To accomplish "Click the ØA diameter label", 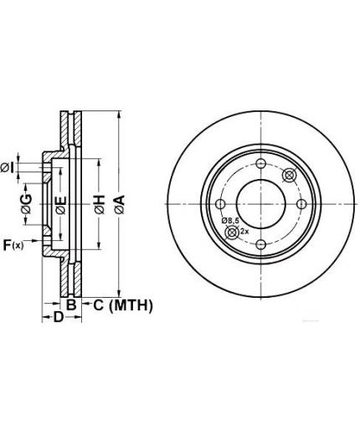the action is (120, 204).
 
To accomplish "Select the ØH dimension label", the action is (100, 204).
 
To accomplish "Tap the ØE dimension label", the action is (61, 206).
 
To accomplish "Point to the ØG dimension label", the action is (27, 204).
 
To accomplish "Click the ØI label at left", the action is (8, 168).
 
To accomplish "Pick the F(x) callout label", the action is (13, 245).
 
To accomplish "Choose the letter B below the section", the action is (71, 304).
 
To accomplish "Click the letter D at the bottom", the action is (59, 317).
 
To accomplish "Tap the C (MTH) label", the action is (123, 305).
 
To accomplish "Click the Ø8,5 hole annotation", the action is (230, 221).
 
